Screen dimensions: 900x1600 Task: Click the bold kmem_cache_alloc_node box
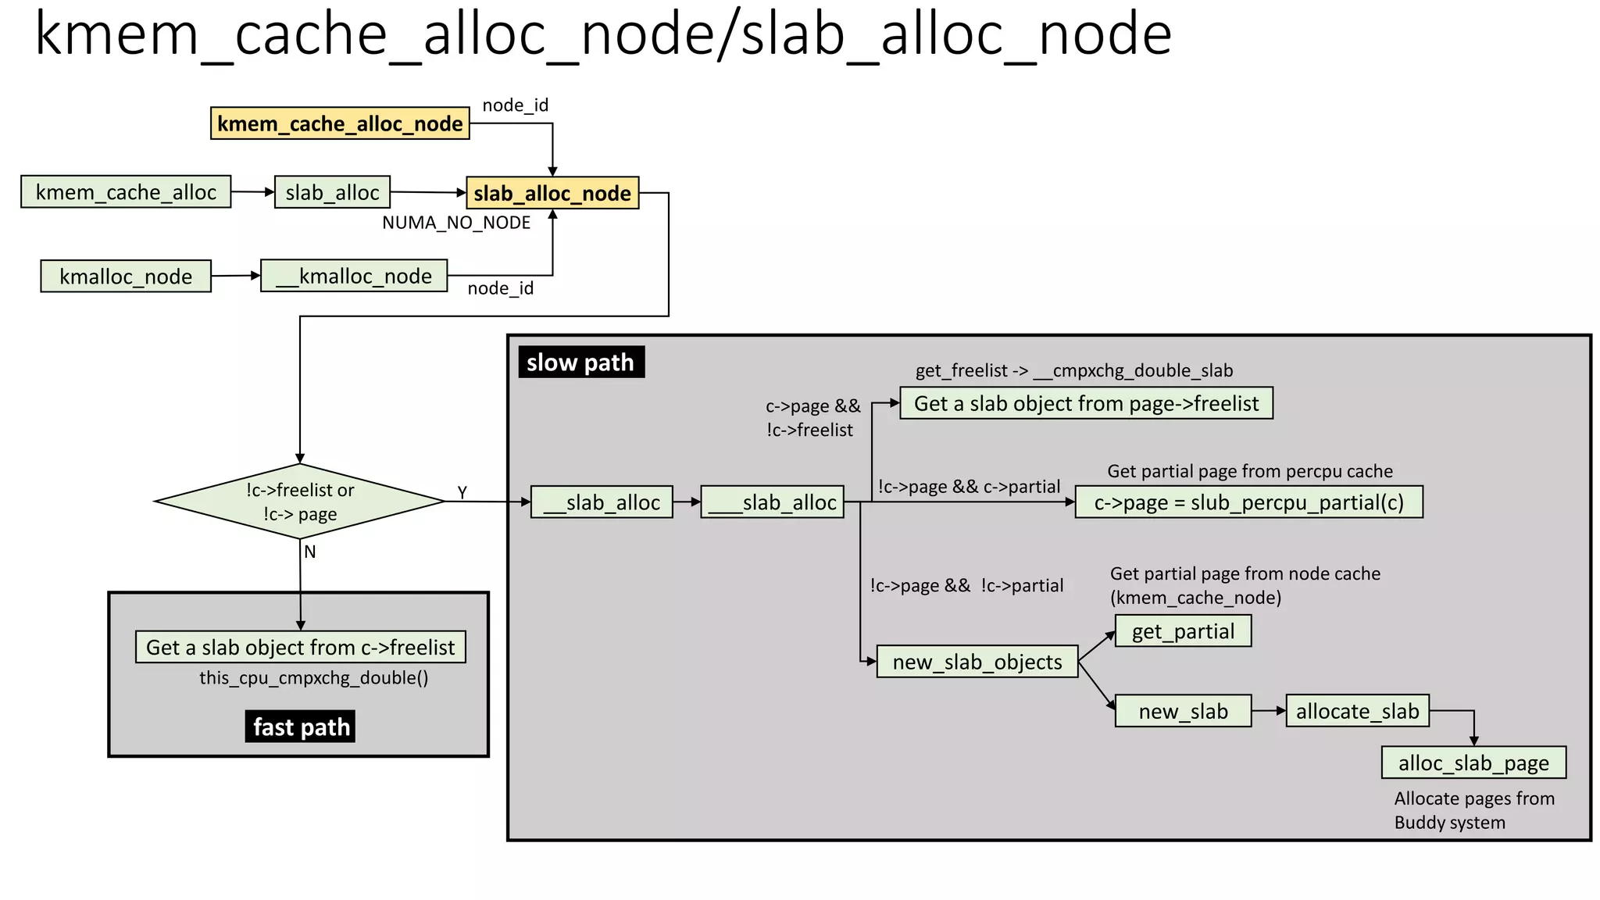(340, 123)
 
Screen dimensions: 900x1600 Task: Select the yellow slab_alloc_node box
(552, 193)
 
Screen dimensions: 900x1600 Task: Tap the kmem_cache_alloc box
(126, 192)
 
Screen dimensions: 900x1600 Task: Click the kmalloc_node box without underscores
(126, 277)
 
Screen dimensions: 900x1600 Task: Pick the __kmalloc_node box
(354, 276)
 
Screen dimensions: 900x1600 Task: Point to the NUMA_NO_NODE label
(456, 223)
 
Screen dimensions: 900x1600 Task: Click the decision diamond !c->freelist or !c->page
(300, 502)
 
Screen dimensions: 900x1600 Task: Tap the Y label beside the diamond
(462, 492)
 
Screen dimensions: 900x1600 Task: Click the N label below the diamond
(310, 552)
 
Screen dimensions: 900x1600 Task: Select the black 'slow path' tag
(580, 362)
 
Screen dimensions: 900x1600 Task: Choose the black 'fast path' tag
(301, 727)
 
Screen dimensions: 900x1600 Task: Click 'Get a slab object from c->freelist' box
(300, 647)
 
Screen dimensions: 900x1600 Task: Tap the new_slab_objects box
(977, 662)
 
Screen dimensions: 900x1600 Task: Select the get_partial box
(1183, 631)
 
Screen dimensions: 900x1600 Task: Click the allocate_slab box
(1357, 711)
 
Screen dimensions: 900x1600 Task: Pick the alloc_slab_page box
(1473, 762)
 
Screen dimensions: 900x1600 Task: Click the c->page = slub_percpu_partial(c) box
(1248, 502)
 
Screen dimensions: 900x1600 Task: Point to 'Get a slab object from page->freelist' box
(1086, 403)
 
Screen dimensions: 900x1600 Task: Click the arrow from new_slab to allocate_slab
(1269, 711)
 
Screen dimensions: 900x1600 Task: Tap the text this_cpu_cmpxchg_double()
(313, 677)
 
